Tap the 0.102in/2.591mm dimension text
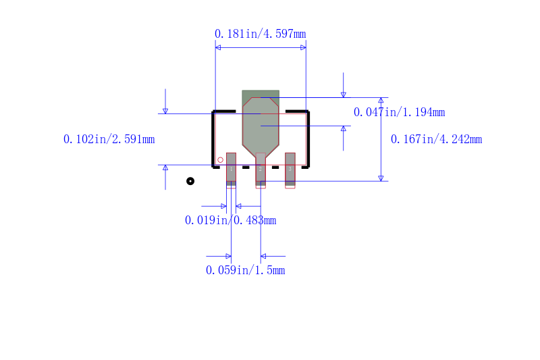point(109,140)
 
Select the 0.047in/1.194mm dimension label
point(399,112)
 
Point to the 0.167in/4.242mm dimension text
point(437,140)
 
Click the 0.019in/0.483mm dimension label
point(230,220)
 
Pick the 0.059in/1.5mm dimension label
point(245,270)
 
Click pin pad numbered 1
point(231,168)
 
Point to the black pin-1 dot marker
point(190,181)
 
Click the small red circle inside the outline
point(220,160)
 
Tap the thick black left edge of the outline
point(213,138)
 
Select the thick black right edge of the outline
point(308,138)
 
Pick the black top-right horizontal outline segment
point(297,111)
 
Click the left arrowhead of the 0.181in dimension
point(218,47)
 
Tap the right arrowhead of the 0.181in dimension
point(303,47)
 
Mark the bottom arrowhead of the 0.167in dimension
point(381,178)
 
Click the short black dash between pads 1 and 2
point(246,167)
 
